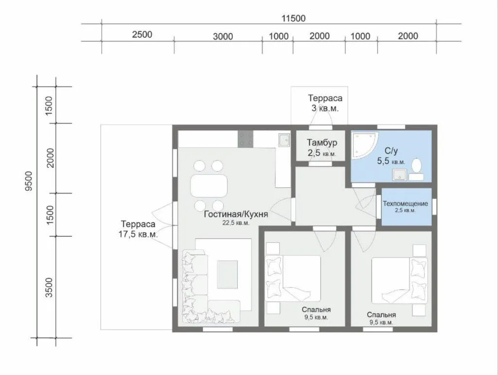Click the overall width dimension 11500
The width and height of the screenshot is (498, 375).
point(293,18)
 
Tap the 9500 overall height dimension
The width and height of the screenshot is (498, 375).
point(29,180)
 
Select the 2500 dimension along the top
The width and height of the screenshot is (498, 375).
point(142,35)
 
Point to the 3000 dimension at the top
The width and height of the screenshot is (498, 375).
point(223,36)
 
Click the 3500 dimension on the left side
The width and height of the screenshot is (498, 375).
point(49,287)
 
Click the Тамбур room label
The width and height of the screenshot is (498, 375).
point(322,143)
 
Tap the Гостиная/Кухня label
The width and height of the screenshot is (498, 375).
point(236,214)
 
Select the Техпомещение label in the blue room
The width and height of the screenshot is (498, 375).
point(405,203)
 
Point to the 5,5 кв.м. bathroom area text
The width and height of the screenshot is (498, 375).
point(391,161)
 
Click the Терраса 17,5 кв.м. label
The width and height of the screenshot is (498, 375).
point(138,229)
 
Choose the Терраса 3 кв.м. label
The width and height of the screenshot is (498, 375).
point(325,103)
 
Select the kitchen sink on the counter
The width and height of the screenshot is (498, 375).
point(284,140)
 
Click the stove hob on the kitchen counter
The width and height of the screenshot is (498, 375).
point(246,139)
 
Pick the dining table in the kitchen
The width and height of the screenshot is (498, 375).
point(209,186)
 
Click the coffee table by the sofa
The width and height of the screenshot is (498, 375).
point(228,274)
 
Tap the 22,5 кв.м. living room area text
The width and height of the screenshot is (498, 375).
point(236,223)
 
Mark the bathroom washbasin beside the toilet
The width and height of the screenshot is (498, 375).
point(399,175)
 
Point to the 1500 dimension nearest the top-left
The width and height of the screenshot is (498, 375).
point(49,106)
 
